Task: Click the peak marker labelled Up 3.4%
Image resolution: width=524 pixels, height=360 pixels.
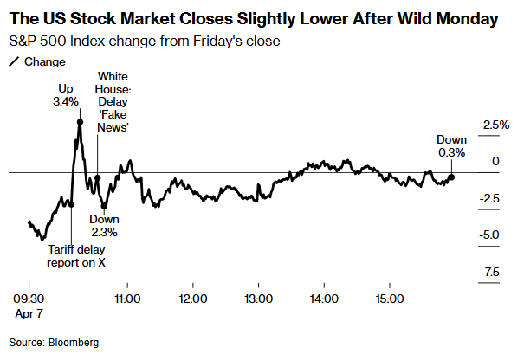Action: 80,122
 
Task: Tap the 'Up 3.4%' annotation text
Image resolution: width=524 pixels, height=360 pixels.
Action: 66,95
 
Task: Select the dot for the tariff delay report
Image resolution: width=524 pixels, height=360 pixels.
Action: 71,204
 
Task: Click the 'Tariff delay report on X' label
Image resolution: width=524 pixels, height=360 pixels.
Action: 76,256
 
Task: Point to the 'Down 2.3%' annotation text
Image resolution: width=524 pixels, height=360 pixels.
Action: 104,225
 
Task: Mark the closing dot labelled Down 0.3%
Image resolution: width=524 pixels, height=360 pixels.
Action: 451,177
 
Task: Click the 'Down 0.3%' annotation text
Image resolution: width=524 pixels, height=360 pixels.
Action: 451,146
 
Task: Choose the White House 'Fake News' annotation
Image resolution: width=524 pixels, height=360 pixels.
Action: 113,102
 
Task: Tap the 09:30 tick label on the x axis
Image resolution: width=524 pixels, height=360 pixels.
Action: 29,299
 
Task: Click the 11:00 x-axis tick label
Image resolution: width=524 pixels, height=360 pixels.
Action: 127,299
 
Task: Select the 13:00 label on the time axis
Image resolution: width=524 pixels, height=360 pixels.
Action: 259,299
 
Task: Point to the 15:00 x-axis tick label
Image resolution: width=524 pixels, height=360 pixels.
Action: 390,299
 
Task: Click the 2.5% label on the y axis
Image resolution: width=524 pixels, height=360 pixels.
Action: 496,125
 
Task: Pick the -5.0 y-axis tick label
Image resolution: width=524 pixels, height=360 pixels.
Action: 489,235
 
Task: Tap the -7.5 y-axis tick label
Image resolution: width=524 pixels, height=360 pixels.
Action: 490,272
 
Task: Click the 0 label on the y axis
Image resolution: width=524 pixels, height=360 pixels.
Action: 496,161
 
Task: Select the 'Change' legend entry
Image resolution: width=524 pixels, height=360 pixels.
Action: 37,61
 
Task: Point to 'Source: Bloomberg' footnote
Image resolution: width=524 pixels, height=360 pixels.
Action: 55,343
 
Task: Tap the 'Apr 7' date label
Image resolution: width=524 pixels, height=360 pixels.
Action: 29,313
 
